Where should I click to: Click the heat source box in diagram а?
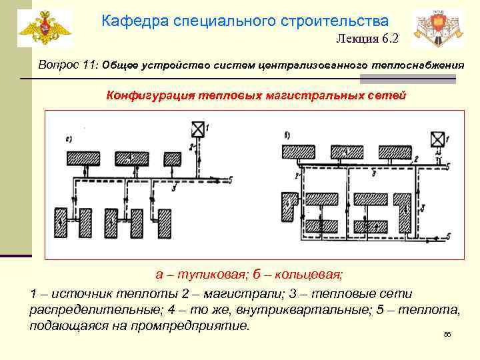point(197,129)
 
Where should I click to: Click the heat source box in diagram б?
point(437,139)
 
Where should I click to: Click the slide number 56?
point(447,335)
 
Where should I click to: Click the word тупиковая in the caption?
point(202,274)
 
